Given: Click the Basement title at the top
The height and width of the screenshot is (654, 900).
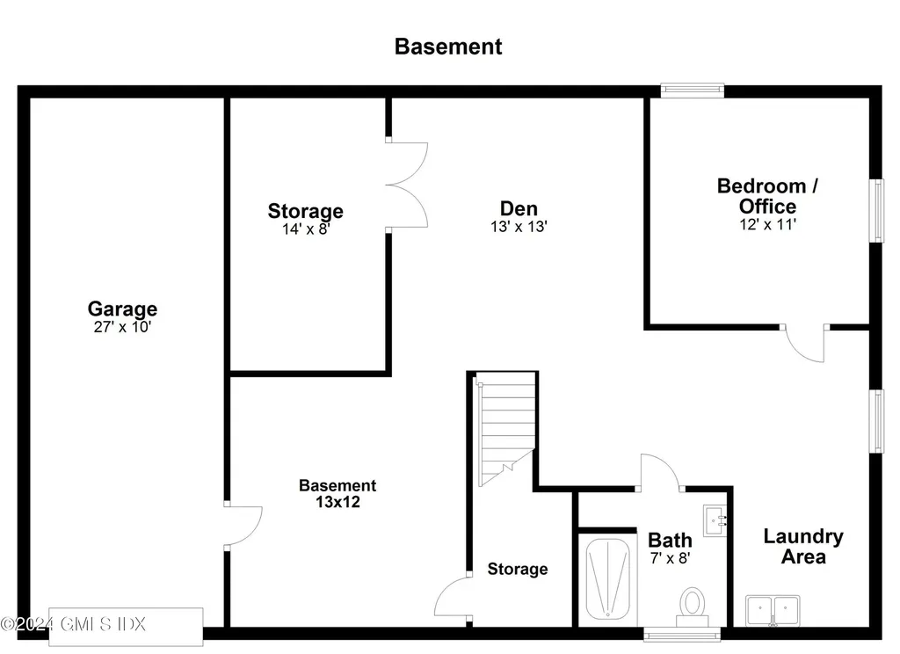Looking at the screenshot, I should tap(448, 47).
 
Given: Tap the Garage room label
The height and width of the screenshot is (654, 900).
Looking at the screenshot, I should tap(122, 309).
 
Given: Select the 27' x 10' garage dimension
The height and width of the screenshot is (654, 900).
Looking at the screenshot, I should tap(122, 327).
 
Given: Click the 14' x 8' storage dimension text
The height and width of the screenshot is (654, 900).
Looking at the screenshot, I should tap(305, 229).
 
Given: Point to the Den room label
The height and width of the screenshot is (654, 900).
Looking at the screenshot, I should tap(519, 208).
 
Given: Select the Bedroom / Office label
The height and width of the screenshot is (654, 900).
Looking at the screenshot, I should tap(767, 196).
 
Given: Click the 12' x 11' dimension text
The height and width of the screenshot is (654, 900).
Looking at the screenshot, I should tap(767, 224).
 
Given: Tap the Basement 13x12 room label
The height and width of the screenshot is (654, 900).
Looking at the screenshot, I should tap(337, 494).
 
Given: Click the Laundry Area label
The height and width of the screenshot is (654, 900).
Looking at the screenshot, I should tap(802, 546).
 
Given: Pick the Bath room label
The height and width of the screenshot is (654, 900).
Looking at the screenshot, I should tap(670, 540).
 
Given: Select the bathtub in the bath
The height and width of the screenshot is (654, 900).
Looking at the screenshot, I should tap(607, 580).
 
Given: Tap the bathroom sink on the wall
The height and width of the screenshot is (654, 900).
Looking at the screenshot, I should tap(715, 520).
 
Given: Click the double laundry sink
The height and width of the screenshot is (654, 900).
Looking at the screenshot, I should tap(773, 609).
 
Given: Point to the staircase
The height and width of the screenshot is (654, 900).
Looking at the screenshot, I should tap(504, 429).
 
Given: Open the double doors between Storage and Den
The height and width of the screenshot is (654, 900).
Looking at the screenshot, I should tap(406, 185).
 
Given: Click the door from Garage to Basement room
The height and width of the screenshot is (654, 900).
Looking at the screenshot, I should tap(243, 527).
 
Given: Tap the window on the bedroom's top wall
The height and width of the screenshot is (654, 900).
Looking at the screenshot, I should tap(692, 90).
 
